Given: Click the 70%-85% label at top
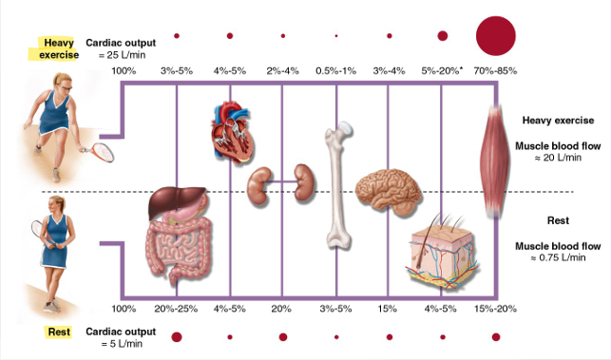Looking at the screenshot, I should pyautogui.click(x=494, y=71).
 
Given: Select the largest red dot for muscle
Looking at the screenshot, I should pyautogui.click(x=494, y=35).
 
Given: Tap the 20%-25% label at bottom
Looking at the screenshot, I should pyautogui.click(x=177, y=309).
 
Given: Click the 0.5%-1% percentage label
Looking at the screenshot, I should pyautogui.click(x=335, y=71).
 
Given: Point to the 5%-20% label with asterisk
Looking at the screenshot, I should pyautogui.click(x=443, y=71).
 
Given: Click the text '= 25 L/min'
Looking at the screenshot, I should pyautogui.click(x=122, y=56).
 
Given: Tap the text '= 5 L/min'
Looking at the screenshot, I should pyautogui.click(x=122, y=343).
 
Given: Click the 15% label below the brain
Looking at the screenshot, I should pyautogui.click(x=387, y=309).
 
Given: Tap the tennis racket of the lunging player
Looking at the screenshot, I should pyautogui.click(x=99, y=150).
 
